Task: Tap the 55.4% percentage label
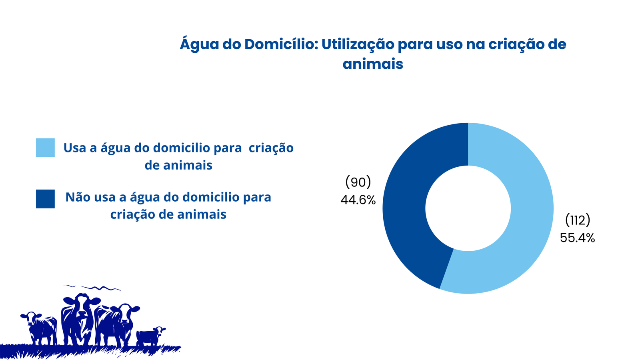578,238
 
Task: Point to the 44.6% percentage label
358,200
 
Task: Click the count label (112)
578,220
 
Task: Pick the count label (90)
358,182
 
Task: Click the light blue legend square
45,148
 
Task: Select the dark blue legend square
45,199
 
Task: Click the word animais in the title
373,64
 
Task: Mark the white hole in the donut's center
468,208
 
